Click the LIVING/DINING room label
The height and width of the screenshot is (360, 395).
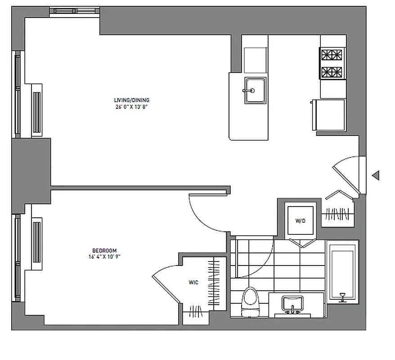click(131, 100)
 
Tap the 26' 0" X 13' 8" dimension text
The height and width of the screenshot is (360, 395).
click(131, 107)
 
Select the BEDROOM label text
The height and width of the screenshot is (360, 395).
click(104, 251)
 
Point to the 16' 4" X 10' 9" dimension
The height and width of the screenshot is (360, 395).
click(104, 257)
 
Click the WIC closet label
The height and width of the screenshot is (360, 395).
click(193, 283)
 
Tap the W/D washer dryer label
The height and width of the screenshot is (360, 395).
click(300, 221)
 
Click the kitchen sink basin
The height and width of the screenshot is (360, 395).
click(255, 90)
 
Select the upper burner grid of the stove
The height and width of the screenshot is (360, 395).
click(331, 55)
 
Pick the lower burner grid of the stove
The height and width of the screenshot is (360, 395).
click(331, 72)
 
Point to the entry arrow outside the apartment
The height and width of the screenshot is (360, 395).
click(375, 175)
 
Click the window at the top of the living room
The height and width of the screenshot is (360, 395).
click(74, 11)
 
